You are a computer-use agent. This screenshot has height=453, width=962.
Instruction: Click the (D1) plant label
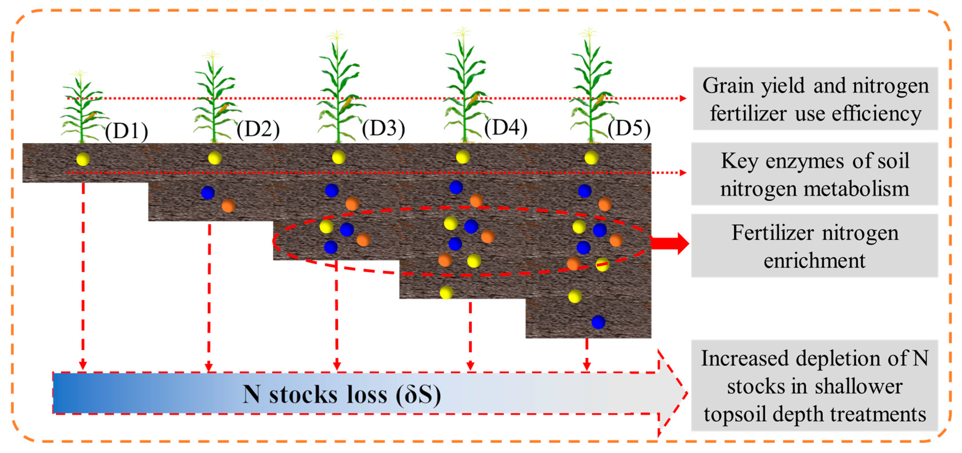coord(127,131)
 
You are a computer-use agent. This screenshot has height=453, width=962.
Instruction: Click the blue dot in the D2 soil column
coord(208,193)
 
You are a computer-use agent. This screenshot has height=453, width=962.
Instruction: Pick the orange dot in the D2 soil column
coord(228,205)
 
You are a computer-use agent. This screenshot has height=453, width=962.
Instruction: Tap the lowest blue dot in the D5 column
coord(598,322)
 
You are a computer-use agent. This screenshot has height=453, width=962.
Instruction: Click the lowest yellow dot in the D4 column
coord(446,292)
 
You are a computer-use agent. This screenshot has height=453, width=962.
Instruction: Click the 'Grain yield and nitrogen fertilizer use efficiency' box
coord(815,99)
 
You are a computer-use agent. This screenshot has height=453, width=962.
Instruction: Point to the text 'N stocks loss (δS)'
coord(342,394)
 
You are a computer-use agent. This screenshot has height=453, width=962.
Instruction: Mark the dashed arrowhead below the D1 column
coord(83,365)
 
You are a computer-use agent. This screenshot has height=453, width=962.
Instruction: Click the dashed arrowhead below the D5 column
coord(587,365)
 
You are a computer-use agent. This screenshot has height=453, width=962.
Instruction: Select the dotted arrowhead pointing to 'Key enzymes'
coord(683,173)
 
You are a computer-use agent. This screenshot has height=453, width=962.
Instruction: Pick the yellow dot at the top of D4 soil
coord(463,157)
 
